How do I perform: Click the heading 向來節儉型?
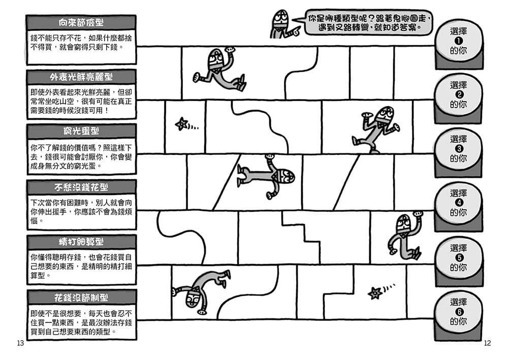click(81, 22)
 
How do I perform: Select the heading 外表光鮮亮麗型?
click(81, 77)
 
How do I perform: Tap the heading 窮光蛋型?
click(81, 132)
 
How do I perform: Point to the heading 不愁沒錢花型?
click(81, 187)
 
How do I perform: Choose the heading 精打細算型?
click(81, 241)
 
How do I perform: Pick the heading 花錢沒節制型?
click(81, 297)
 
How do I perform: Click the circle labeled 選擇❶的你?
click(458, 41)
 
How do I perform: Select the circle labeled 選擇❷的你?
click(458, 95)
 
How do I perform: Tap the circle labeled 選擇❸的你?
click(458, 149)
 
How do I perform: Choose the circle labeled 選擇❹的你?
click(458, 203)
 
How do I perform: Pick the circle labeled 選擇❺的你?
click(458, 258)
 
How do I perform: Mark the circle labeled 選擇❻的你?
click(458, 312)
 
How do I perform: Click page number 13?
click(20, 343)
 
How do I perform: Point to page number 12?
click(487, 343)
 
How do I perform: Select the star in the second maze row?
click(182, 123)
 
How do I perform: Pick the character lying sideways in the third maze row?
click(267, 176)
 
